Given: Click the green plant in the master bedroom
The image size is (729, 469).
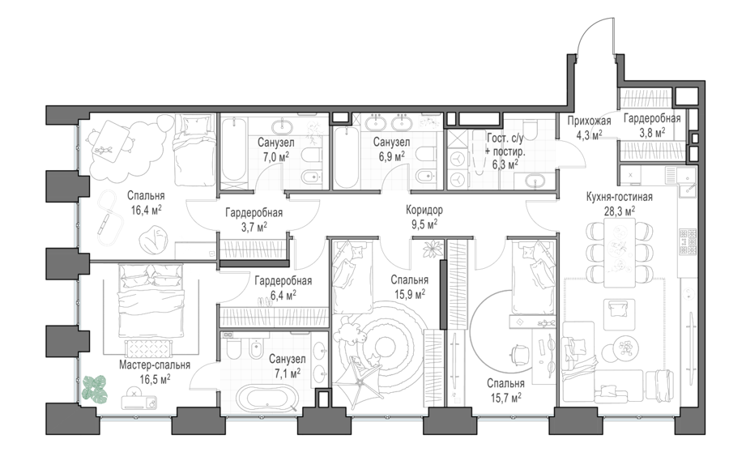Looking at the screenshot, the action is click(x=95, y=389).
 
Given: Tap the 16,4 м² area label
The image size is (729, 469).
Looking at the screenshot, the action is click(x=146, y=210).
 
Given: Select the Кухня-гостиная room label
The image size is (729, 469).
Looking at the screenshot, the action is click(x=620, y=197).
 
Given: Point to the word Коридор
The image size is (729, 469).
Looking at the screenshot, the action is click(x=424, y=210).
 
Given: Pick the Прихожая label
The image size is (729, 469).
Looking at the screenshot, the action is click(x=589, y=122).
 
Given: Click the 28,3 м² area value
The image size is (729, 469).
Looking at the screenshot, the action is click(x=620, y=212).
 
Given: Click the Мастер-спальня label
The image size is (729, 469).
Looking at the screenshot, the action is click(x=155, y=365).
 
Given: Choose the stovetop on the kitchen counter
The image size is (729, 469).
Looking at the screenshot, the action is click(x=688, y=241).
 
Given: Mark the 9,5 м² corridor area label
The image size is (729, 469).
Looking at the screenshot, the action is click(x=424, y=225).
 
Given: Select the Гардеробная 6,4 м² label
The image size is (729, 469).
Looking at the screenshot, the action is click(x=283, y=288).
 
